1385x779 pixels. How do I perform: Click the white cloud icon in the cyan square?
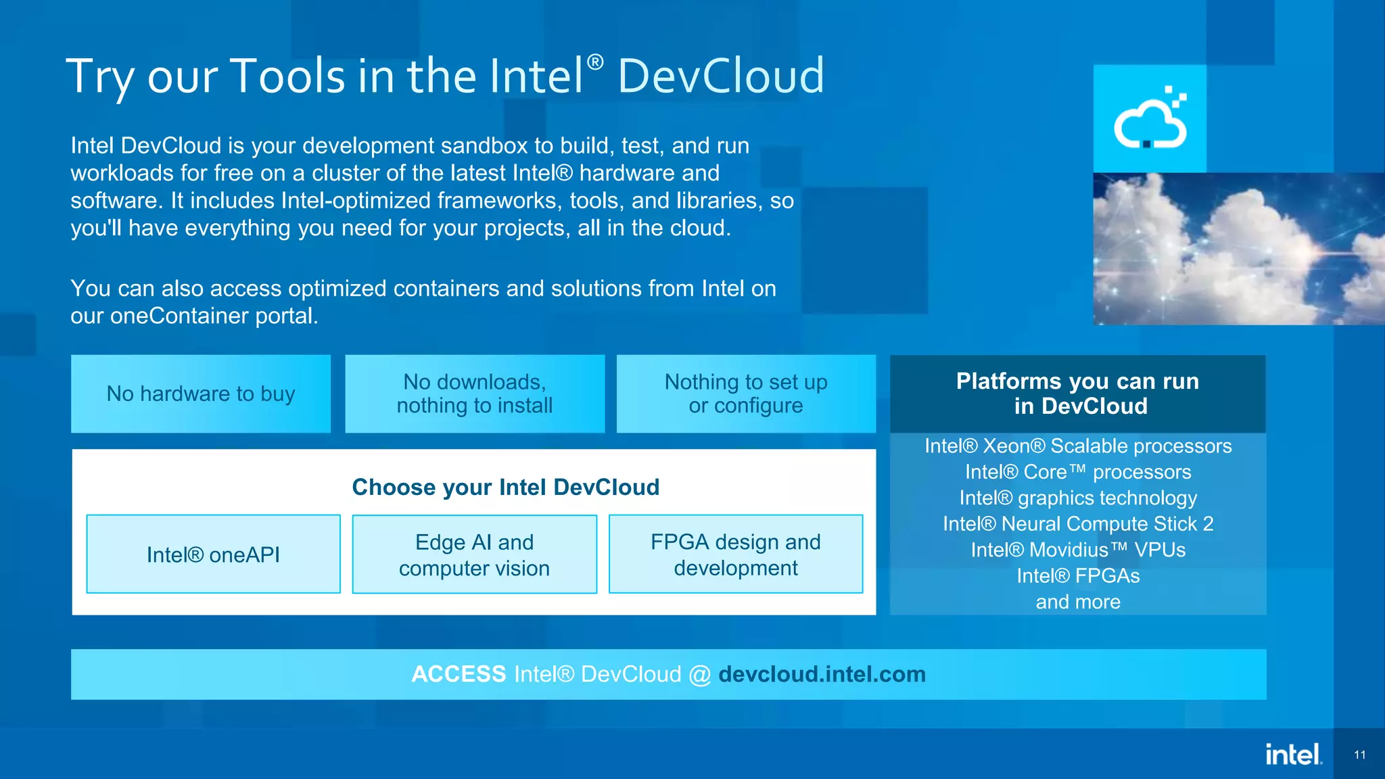(1150, 120)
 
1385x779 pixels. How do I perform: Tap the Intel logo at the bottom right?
(1293, 754)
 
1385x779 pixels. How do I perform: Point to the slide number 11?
(1360, 755)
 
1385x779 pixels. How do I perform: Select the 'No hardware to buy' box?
(201, 394)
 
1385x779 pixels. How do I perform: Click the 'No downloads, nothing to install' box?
(475, 394)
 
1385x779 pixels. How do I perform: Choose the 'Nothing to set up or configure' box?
(746, 394)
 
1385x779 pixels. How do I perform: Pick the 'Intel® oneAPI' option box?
(213, 554)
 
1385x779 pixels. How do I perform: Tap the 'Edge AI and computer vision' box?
(474, 554)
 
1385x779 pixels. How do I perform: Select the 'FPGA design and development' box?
(736, 554)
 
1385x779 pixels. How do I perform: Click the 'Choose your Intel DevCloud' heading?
(506, 487)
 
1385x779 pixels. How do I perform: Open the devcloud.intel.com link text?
(822, 674)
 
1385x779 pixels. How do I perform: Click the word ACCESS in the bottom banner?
(459, 674)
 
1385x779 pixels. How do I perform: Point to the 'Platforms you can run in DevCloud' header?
(1078, 394)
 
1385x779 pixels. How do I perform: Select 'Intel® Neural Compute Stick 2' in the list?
(1078, 523)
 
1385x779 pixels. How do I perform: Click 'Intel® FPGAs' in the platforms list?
(1078, 575)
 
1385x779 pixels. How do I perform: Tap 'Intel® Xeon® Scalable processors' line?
(1078, 446)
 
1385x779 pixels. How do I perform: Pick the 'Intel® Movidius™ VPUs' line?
(1078, 550)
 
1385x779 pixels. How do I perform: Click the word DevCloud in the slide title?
(721, 76)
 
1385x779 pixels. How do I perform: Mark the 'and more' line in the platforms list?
(1078, 602)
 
